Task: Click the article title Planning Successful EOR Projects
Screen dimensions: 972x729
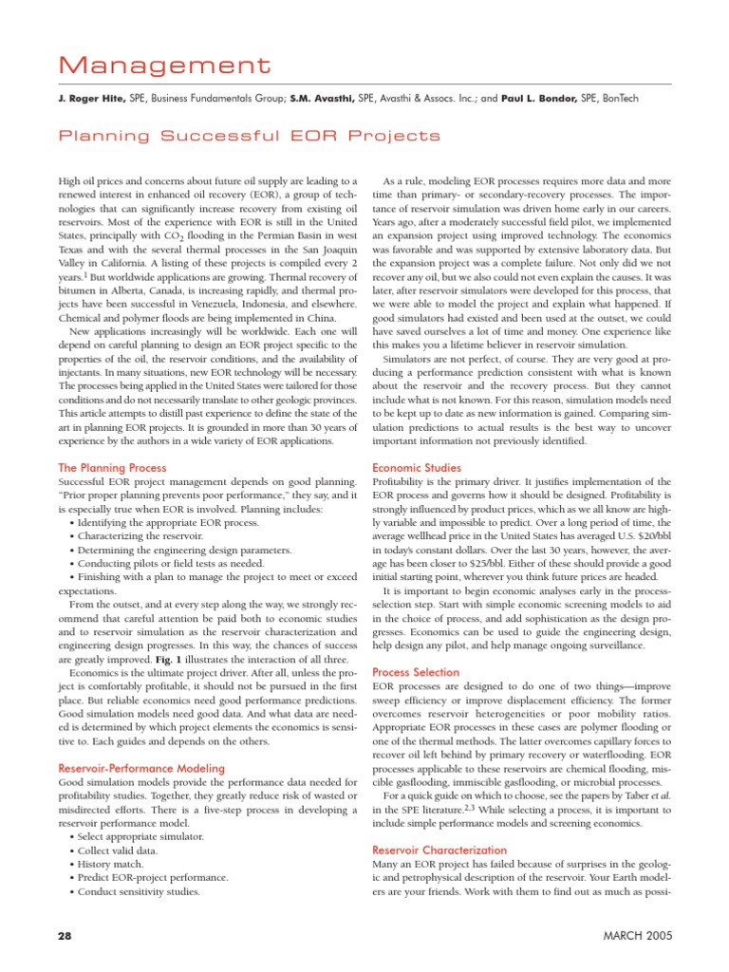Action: [250, 136]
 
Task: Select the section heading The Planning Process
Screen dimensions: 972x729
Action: [113, 468]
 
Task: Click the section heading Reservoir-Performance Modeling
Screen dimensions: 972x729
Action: [141, 767]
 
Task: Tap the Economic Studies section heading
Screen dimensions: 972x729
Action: [417, 468]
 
